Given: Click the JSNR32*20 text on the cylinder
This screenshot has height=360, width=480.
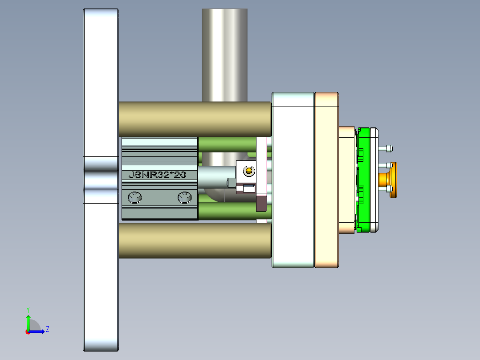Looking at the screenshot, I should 157,175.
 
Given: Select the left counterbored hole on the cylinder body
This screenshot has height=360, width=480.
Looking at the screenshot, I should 134,197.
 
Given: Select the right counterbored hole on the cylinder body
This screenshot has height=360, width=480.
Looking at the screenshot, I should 185,197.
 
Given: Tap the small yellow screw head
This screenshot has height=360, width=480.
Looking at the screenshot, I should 248,170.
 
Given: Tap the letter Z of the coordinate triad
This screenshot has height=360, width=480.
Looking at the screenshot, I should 48,329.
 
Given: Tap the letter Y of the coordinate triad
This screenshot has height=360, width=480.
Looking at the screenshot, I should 28,309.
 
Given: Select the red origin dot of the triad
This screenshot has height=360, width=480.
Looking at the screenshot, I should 28,331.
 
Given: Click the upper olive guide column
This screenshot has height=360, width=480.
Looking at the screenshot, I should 195,119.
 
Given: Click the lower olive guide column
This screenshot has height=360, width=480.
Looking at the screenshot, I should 195,240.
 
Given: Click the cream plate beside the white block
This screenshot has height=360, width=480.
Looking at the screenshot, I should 326,180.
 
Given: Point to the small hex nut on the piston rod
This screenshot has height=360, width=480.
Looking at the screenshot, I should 231,182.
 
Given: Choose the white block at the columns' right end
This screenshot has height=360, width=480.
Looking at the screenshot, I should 293,180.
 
